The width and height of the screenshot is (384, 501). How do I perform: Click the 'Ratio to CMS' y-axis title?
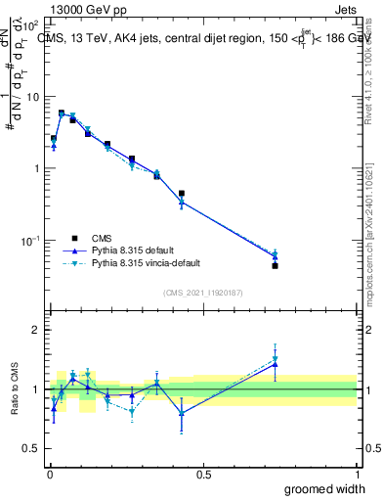[15, 389]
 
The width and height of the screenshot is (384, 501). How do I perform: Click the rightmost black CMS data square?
[276, 265]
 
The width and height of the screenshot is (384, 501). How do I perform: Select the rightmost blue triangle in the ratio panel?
[276, 365]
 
